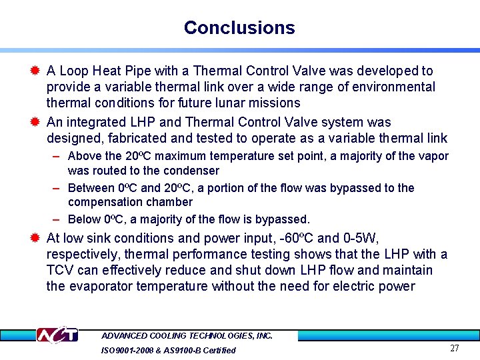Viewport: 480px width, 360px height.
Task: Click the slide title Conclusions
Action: point(239,28)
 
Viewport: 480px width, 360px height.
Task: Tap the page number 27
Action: point(455,348)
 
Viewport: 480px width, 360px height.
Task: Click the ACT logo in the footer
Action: point(57,335)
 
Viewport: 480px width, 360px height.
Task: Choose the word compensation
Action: point(103,202)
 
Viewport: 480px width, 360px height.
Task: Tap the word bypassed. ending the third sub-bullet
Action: point(286,219)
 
